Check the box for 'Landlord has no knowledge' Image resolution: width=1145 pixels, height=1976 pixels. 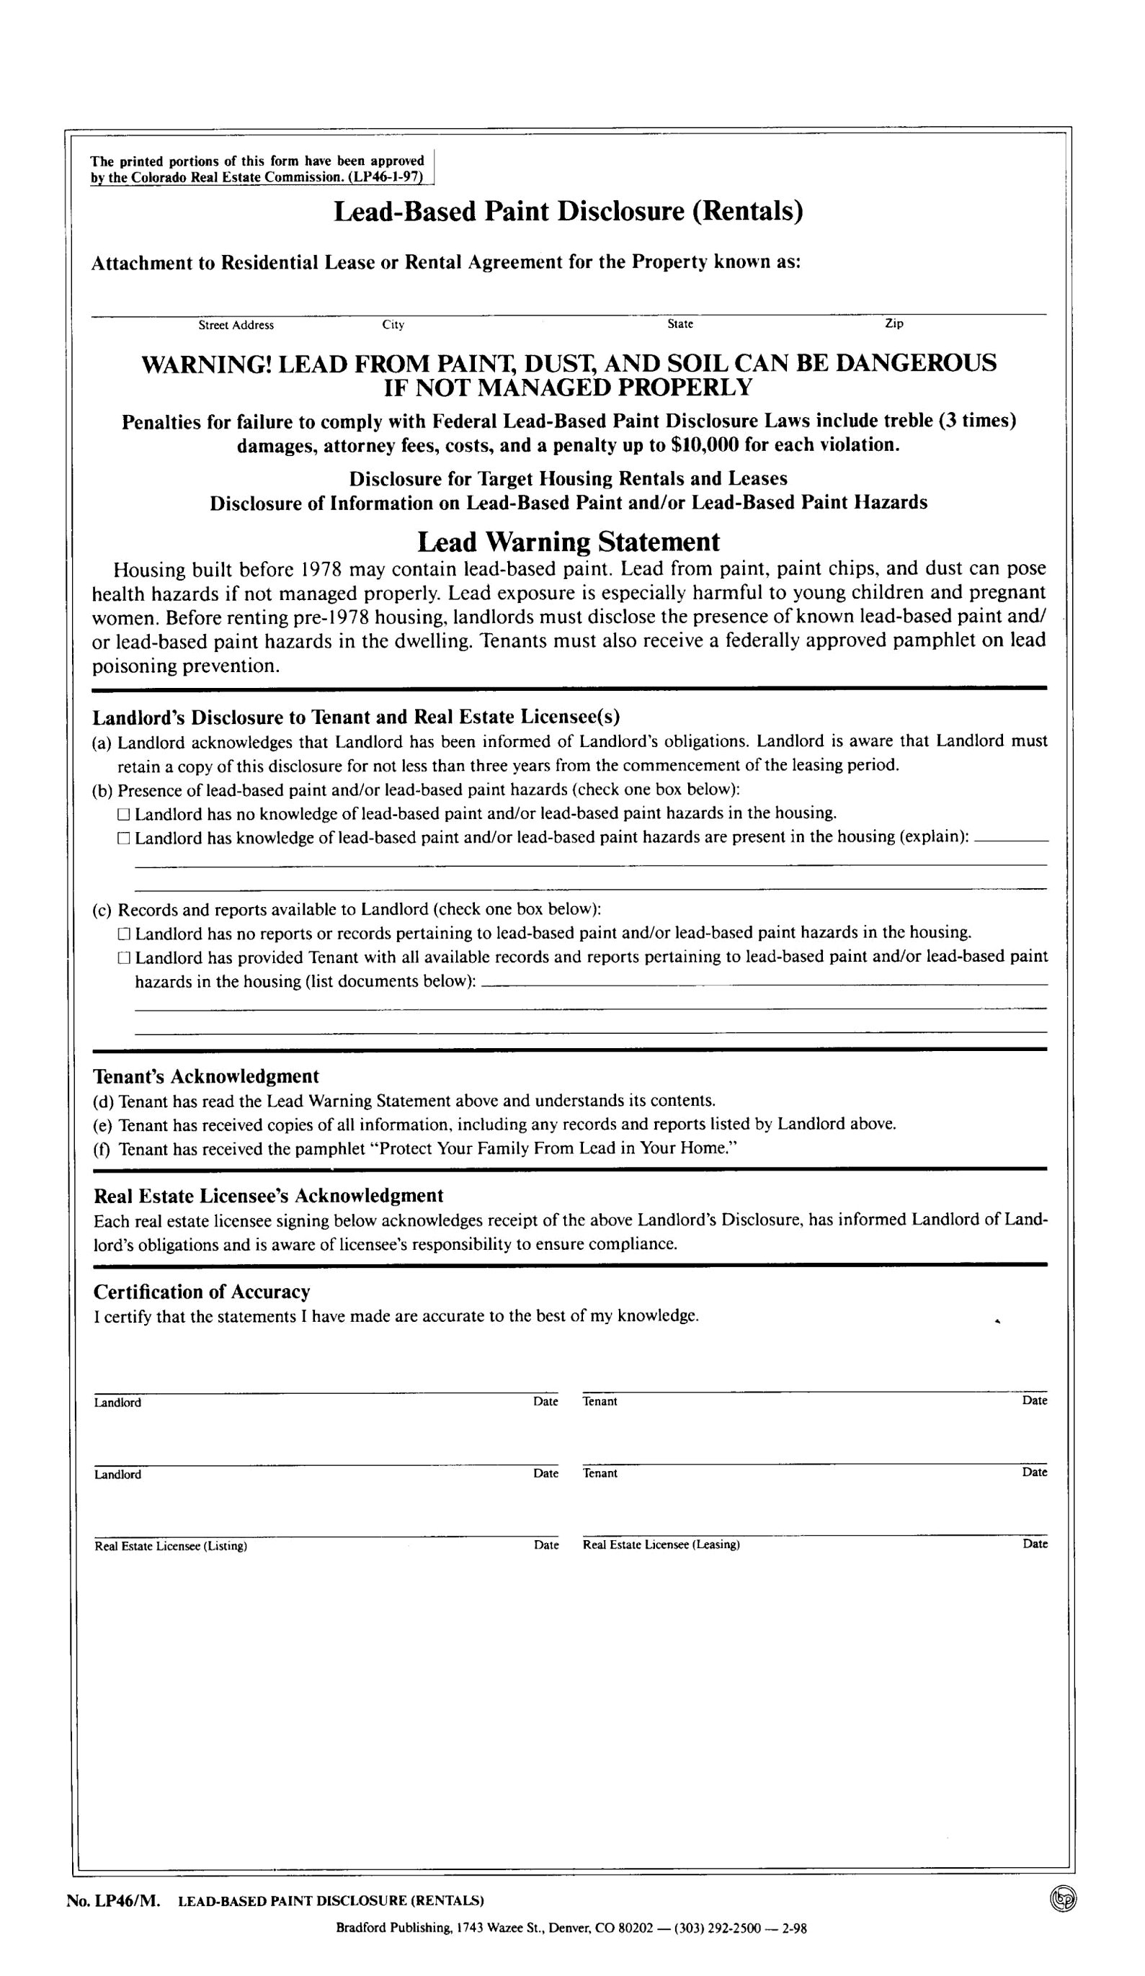tap(123, 814)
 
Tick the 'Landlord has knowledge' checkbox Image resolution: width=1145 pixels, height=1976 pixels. tap(123, 839)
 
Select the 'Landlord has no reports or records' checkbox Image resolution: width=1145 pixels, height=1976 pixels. tap(123, 934)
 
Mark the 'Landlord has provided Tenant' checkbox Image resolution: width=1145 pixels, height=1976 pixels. tap(123, 957)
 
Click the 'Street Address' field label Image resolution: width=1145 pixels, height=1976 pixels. tap(236, 325)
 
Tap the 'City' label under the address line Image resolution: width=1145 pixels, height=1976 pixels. tap(393, 325)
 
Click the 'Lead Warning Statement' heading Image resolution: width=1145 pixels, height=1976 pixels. tap(568, 542)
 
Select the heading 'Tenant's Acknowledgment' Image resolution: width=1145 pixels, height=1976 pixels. tap(206, 1076)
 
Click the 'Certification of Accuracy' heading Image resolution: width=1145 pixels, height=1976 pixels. tap(202, 1292)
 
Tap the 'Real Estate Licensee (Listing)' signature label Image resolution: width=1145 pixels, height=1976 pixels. tap(171, 1547)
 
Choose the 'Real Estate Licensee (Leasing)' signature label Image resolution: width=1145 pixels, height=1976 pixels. tap(661, 1544)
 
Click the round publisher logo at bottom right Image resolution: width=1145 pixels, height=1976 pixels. tap(1063, 1898)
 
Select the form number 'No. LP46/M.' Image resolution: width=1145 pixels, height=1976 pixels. tap(114, 1900)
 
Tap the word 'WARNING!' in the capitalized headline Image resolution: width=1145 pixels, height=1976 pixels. tap(205, 364)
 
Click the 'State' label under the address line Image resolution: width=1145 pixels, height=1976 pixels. tap(680, 324)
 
